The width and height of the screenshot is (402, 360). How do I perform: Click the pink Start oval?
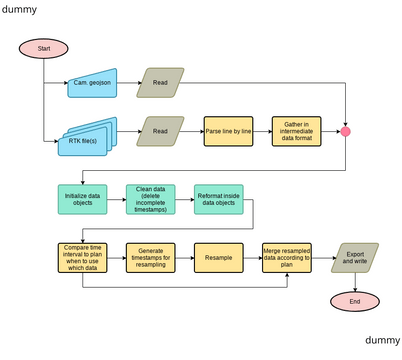pos(43,49)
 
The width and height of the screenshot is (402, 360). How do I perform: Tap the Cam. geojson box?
pos(92,83)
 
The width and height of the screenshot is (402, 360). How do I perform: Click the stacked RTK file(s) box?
pos(87,132)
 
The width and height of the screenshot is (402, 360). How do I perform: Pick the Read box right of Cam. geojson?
pos(161,83)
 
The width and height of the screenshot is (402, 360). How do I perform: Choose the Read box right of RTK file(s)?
pos(161,131)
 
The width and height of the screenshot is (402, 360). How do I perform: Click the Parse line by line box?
pos(229,131)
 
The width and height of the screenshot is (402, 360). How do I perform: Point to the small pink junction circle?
pos(346,131)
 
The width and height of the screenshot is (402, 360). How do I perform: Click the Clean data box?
pos(151,199)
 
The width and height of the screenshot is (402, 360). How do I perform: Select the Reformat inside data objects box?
pos(219,199)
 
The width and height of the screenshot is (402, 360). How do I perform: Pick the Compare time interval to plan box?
pos(83,257)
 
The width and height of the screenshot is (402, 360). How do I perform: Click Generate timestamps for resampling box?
pos(151,257)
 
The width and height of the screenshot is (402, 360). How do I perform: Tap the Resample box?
pos(219,257)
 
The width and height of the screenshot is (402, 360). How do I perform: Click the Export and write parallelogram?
pos(353,257)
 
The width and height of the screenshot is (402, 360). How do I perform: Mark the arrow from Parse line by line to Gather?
pos(263,131)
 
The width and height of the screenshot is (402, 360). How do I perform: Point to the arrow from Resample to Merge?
pos(253,257)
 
